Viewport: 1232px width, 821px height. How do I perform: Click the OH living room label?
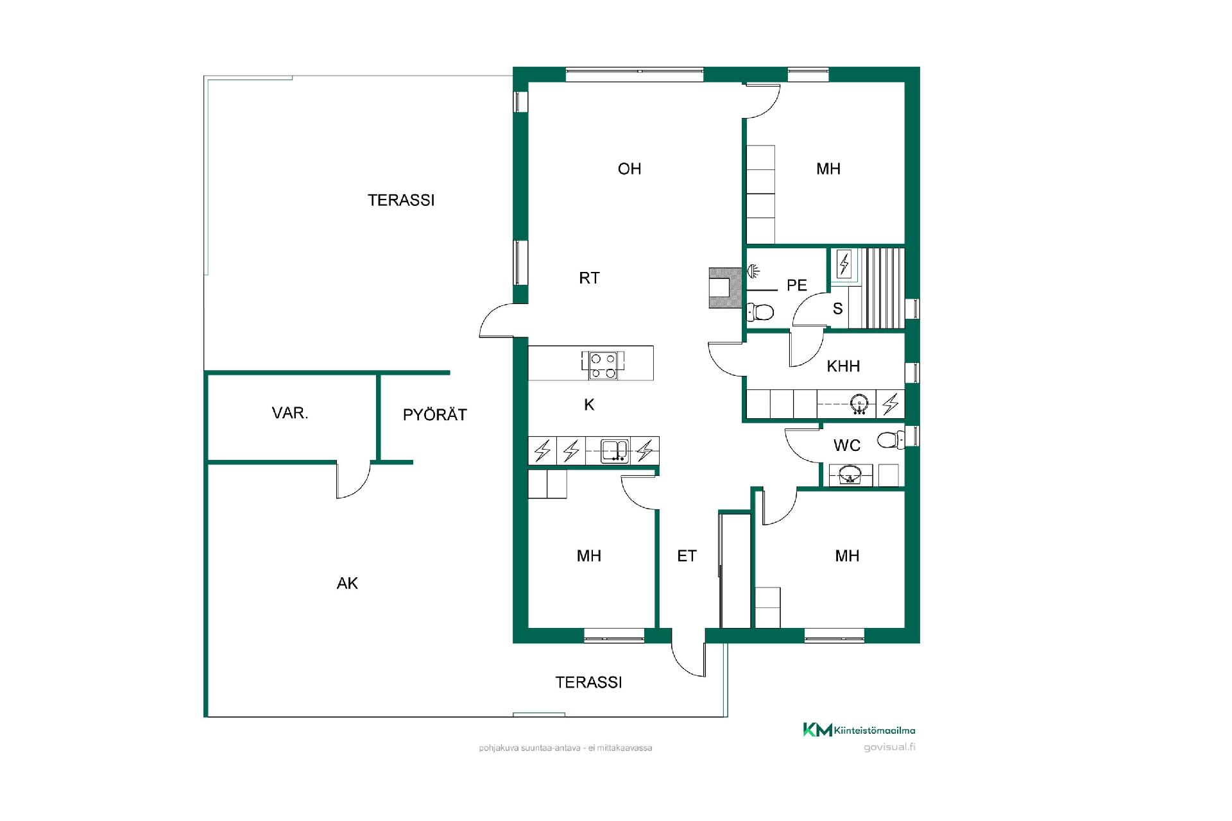pyautogui.click(x=629, y=169)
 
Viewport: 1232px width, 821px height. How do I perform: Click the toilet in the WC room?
pyautogui.click(x=891, y=440)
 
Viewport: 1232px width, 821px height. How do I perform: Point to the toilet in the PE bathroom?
pyautogui.click(x=761, y=312)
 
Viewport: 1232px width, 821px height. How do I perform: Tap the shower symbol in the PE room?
pyautogui.click(x=755, y=272)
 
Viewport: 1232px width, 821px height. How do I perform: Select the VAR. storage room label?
pyautogui.click(x=290, y=413)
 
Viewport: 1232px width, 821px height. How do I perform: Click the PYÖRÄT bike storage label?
pyautogui.click(x=434, y=414)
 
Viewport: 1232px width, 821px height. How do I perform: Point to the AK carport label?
pyautogui.click(x=347, y=583)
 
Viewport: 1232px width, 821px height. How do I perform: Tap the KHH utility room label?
pyautogui.click(x=843, y=366)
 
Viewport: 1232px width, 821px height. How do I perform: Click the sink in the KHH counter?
pyautogui.click(x=859, y=404)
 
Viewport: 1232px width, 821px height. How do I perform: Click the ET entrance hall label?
pyautogui.click(x=687, y=556)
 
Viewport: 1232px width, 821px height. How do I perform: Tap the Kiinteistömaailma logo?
pyautogui.click(x=859, y=730)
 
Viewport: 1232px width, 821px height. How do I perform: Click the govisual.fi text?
pyautogui.click(x=889, y=747)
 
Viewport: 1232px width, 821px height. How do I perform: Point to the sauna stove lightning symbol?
pyautogui.click(x=844, y=264)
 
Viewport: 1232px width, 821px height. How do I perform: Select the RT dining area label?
pyautogui.click(x=589, y=278)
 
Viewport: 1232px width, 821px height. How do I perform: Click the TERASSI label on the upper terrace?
pyautogui.click(x=401, y=201)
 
